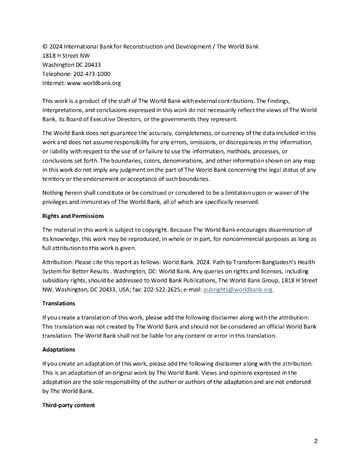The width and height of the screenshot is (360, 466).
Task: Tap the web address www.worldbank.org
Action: pyautogui.click(x=94, y=83)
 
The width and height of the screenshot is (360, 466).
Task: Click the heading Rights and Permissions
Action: pyautogui.click(x=73, y=216)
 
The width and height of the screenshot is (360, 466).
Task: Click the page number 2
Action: pyautogui.click(x=315, y=441)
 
